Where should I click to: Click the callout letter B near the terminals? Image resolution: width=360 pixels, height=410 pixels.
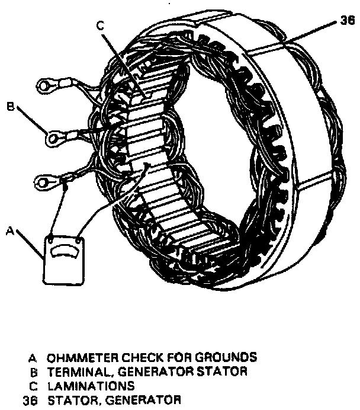coord(10,107)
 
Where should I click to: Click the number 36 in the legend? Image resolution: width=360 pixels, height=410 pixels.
coord(28,399)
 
